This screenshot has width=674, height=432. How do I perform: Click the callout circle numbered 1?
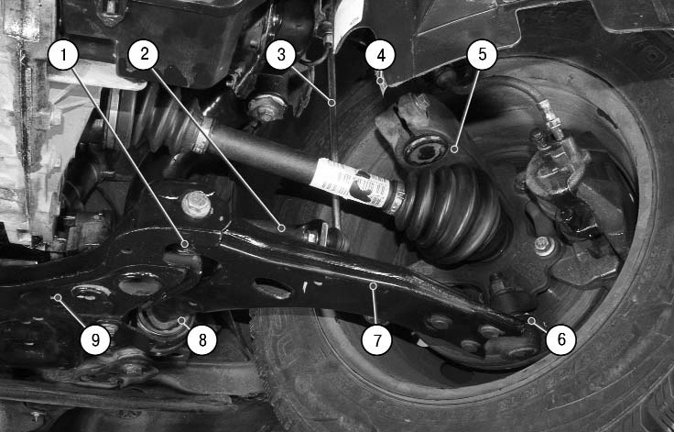tap(63, 55)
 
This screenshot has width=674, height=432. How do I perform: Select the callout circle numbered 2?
tap(144, 54)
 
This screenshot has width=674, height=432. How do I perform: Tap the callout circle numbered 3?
tap(281, 55)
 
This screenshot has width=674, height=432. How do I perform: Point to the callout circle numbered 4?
tap(380, 55)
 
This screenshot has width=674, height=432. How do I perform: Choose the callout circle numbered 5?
tap(483, 54)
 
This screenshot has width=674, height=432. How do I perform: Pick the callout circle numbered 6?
tap(561, 340)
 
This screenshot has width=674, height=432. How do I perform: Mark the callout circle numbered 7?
tap(377, 340)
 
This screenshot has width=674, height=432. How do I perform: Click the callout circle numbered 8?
tap(202, 340)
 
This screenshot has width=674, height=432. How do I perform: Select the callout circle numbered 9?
tap(95, 340)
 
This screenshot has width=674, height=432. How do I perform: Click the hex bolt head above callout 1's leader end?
tap(197, 204)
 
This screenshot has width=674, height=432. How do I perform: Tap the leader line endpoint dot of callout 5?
tap(454, 150)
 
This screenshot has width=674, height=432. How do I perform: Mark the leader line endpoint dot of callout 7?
tap(373, 285)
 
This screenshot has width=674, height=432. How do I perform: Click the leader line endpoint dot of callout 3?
tap(332, 103)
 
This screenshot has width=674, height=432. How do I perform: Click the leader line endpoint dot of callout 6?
tap(532, 320)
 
